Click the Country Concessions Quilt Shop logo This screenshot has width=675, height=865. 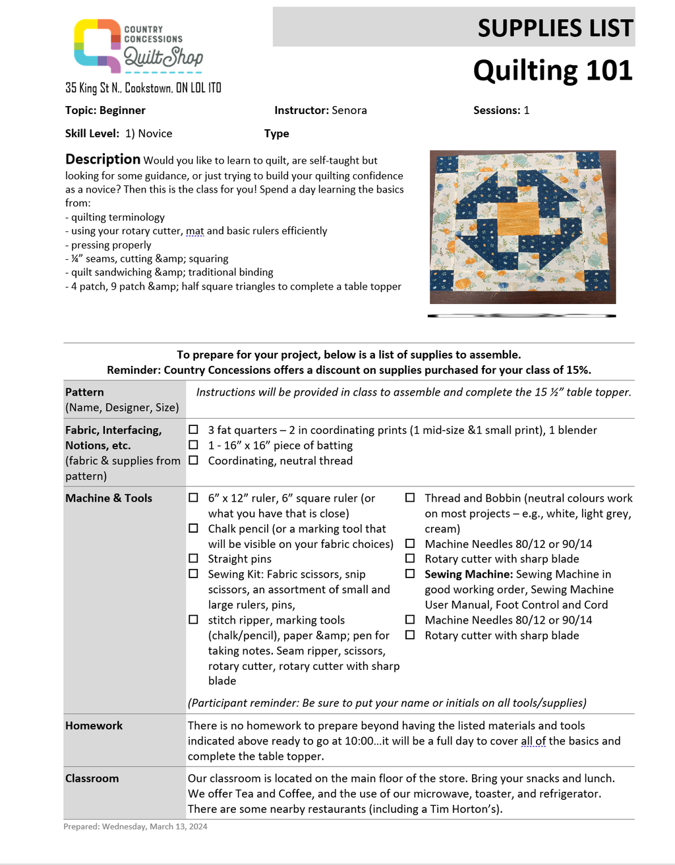138,46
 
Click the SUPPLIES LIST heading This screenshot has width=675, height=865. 555,28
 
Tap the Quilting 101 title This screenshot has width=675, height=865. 552,71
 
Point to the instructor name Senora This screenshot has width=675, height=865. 349,110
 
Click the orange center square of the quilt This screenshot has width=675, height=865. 522,222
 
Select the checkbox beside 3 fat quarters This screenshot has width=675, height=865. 194,430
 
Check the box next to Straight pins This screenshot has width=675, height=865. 194,558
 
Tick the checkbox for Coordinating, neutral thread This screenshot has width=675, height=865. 194,460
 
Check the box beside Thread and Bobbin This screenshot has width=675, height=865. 410,498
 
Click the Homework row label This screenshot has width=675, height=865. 94,725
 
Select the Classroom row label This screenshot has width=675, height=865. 92,778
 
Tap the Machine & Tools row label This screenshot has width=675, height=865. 108,498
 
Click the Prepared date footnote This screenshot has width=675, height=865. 135,826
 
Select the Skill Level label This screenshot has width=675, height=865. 92,133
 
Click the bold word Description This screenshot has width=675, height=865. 102,159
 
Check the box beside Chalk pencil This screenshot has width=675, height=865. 194,528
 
